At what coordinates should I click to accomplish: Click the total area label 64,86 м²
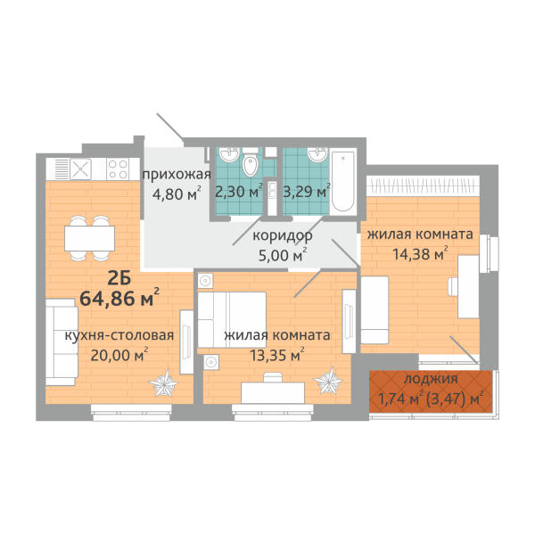pyautogui.click(x=119, y=298)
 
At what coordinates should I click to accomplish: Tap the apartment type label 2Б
pyautogui.click(x=119, y=279)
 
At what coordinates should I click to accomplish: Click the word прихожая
pyautogui.click(x=177, y=175)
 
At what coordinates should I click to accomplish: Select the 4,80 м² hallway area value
pyautogui.click(x=177, y=193)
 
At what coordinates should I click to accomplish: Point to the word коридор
pyautogui.click(x=282, y=236)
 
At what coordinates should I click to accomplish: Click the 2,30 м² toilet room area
pyautogui.click(x=239, y=192)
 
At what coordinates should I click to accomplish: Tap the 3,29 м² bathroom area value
pyautogui.click(x=307, y=192)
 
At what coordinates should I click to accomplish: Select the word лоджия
pyautogui.click(x=431, y=379)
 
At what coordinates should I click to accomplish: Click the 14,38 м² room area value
pyautogui.click(x=420, y=254)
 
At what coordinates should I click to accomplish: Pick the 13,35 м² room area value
pyautogui.click(x=277, y=355)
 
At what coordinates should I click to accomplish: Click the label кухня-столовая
pyautogui.click(x=119, y=336)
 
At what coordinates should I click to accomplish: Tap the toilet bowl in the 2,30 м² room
pyautogui.click(x=250, y=164)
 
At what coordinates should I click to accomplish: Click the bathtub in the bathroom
pyautogui.click(x=343, y=181)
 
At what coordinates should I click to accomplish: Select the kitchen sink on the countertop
pyautogui.click(x=80, y=169)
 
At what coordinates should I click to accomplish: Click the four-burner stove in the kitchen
pyautogui.click(x=118, y=169)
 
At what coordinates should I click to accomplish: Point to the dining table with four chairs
pyautogui.click(x=90, y=238)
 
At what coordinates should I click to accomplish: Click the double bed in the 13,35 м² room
pyautogui.click(x=232, y=319)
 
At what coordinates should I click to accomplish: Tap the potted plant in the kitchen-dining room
pyautogui.click(x=163, y=383)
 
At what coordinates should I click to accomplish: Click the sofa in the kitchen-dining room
pyautogui.click(x=62, y=342)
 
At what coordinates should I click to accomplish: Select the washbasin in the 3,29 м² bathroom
pyautogui.click(x=317, y=155)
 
